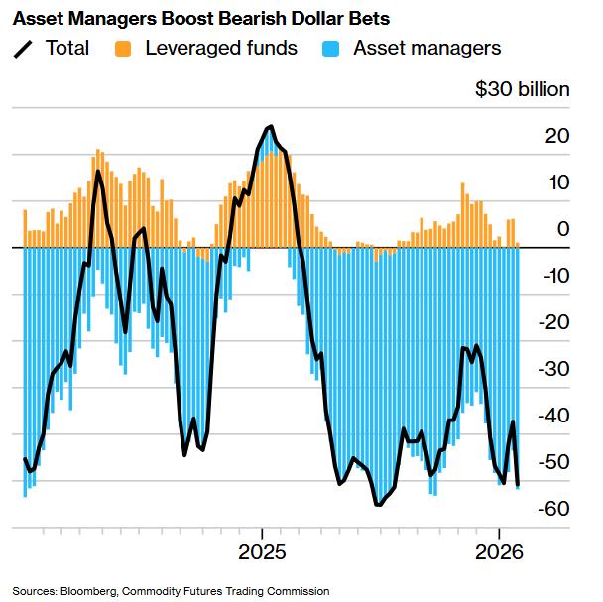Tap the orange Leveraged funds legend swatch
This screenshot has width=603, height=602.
pos(124,48)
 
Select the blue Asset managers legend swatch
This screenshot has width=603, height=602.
pos(333,48)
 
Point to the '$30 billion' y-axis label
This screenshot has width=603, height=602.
pos(523,90)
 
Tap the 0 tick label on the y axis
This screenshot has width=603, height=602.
pos(562,230)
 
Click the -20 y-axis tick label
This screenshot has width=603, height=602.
pos(553,323)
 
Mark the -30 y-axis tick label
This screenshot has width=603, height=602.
pos(553,370)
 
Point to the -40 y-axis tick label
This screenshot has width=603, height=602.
pos(553,417)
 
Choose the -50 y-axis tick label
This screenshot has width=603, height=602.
pos(553,463)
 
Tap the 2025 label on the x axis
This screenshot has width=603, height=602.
pos(263,550)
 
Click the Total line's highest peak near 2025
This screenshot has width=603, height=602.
pos(270,127)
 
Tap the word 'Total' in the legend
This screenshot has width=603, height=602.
pos(66,48)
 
